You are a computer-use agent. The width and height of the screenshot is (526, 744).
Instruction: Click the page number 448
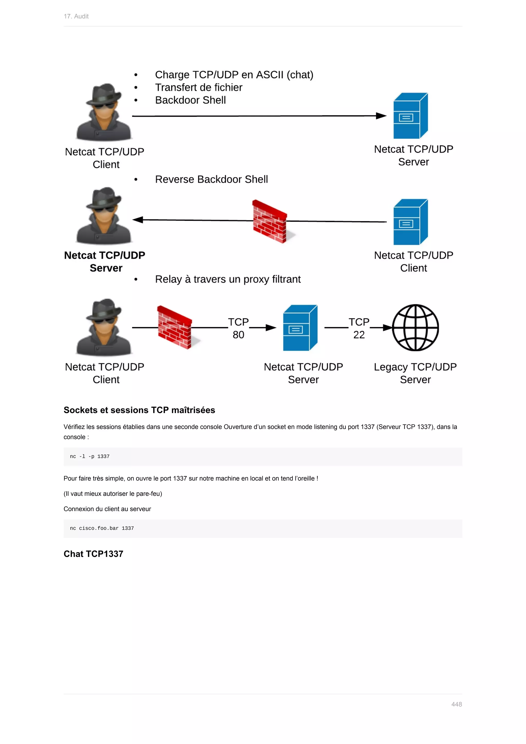[x=456, y=704]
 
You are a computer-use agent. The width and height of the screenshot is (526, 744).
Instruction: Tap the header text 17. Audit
[x=76, y=16]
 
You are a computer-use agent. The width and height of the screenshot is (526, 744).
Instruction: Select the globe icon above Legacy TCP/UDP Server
[x=415, y=328]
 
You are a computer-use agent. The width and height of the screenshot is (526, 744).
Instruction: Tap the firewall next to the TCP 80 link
[x=175, y=327]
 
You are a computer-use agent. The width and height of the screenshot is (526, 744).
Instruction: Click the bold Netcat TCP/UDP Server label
[x=105, y=262]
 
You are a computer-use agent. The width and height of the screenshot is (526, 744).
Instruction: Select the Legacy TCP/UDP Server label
[x=415, y=373]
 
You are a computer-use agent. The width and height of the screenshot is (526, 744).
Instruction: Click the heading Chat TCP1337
[x=93, y=554]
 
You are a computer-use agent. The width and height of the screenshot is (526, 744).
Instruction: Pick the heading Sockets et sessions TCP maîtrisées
[x=139, y=410]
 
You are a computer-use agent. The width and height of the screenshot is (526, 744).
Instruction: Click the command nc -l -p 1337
[x=90, y=456]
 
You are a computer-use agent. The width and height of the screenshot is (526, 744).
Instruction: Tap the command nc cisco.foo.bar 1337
[x=102, y=528]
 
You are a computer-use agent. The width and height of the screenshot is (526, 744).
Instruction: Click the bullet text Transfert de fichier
[x=199, y=88]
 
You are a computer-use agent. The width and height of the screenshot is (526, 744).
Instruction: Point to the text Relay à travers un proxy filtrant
[x=228, y=279]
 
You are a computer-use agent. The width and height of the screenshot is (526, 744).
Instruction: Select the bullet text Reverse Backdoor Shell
[x=211, y=179]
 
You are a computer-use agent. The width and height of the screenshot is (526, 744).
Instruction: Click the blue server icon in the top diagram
[x=410, y=116]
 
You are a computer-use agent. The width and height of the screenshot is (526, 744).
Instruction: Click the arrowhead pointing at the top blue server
[x=381, y=116]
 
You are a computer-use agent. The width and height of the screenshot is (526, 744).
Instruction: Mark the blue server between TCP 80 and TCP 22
[x=300, y=328]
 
